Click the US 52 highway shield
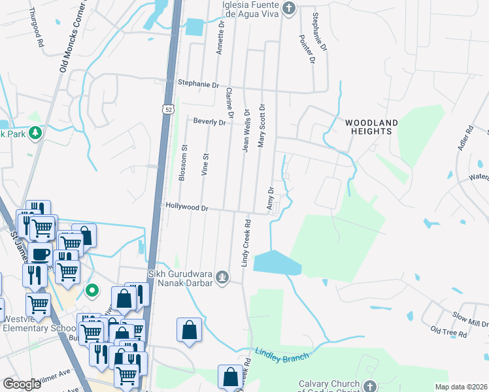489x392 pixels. point(169,105)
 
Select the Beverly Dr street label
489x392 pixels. point(209,122)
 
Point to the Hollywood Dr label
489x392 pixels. point(187,208)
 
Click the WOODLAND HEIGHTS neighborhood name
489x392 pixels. point(371,127)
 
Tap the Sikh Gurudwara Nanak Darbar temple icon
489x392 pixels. point(223,277)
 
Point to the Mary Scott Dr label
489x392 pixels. point(261,125)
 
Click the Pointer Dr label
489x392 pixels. point(307,50)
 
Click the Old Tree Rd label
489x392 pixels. point(448,333)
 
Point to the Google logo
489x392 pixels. point(22,384)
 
